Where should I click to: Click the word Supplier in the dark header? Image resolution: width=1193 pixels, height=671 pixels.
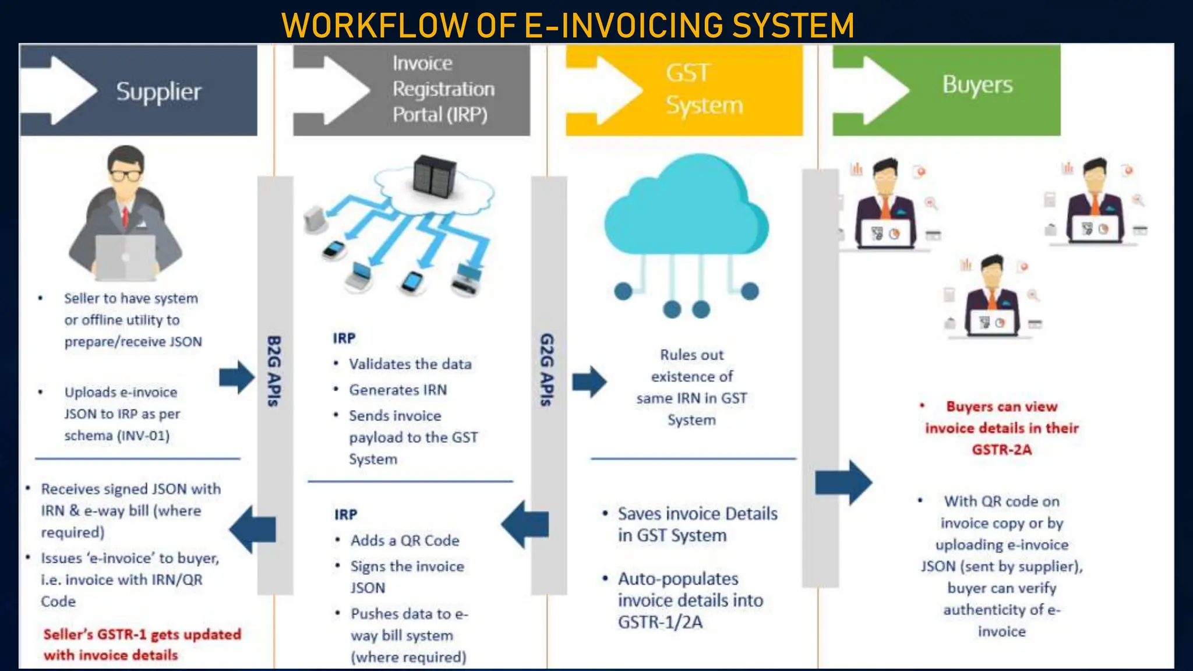pyautogui.click(x=158, y=92)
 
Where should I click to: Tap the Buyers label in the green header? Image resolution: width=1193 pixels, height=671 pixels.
pyautogui.click(x=977, y=85)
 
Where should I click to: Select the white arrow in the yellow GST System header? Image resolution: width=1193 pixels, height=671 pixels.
pyautogui.click(x=606, y=90)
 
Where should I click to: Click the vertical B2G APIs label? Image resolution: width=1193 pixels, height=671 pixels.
pyautogui.click(x=274, y=371)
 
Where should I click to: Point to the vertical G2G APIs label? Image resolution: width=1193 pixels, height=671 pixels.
pyautogui.click(x=546, y=370)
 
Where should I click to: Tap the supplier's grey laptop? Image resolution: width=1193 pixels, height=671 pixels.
pyautogui.click(x=125, y=257)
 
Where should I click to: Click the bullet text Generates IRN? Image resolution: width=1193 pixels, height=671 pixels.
pyautogui.click(x=398, y=390)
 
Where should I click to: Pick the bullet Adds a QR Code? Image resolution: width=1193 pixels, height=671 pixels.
pyautogui.click(x=405, y=541)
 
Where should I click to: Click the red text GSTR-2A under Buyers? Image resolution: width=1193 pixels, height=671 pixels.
pyautogui.click(x=1001, y=450)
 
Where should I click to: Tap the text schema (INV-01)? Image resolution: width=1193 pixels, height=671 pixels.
pyautogui.click(x=117, y=436)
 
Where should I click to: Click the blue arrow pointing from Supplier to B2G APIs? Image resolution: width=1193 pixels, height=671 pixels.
pyautogui.click(x=236, y=377)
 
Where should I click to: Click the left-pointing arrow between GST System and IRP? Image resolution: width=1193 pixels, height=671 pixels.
pyautogui.click(x=524, y=524)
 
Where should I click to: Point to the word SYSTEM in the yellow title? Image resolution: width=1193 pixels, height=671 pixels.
pyautogui.click(x=793, y=26)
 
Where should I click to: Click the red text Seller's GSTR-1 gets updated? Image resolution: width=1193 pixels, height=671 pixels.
pyautogui.click(x=142, y=634)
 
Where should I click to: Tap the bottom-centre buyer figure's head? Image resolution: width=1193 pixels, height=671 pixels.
pyautogui.click(x=992, y=269)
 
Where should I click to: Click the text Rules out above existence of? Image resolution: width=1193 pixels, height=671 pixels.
pyautogui.click(x=691, y=355)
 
